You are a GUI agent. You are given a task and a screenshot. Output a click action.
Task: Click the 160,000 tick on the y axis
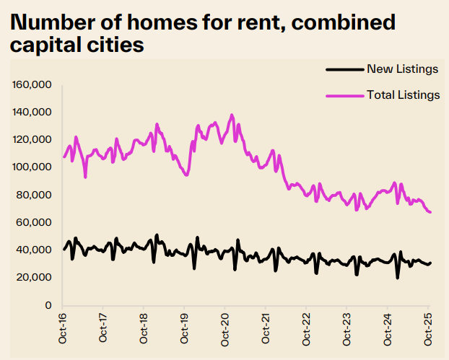click(32, 85)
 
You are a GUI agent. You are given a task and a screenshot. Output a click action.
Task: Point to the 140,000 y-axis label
click(32, 113)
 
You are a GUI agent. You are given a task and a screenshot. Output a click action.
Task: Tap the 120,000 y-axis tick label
click(32, 140)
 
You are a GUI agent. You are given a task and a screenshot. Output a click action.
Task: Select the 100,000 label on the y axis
click(32, 167)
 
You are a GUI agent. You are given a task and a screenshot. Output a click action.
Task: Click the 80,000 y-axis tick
click(35, 195)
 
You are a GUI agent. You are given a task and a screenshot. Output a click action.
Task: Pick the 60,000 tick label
click(35, 222)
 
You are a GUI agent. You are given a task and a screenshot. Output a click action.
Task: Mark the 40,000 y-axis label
click(35, 250)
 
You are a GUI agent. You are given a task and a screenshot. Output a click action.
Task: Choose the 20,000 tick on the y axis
click(35, 277)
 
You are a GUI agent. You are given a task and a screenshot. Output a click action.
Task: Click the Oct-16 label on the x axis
click(63, 326)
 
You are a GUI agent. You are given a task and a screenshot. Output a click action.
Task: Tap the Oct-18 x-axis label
click(144, 326)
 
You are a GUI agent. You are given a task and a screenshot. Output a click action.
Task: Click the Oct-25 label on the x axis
click(427, 326)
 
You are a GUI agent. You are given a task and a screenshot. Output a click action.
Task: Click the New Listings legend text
click(403, 69)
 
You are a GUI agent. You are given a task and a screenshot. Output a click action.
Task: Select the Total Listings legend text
click(404, 95)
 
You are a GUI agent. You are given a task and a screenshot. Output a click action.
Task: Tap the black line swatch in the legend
click(344, 69)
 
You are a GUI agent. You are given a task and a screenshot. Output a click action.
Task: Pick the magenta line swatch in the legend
click(344, 95)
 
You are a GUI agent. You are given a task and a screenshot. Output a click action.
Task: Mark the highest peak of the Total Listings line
click(232, 115)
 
